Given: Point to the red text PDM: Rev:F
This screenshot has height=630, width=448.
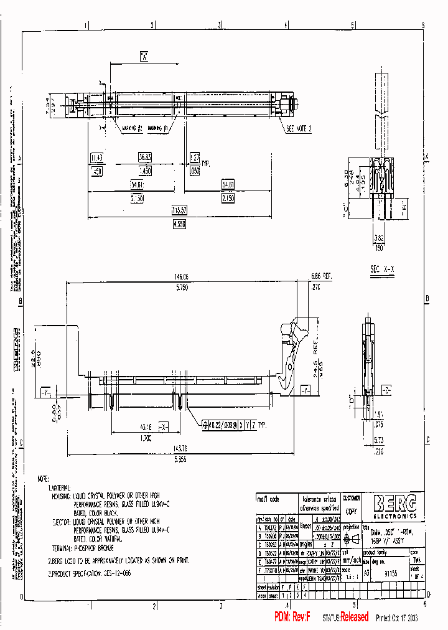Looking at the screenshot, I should point(292,616).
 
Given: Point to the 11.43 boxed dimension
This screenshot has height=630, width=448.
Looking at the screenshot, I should point(96,158).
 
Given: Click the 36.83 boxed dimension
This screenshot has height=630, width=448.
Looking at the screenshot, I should point(145,158).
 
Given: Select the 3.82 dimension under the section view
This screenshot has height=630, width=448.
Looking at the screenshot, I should point(380,238).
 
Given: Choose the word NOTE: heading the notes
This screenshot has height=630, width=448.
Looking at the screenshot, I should point(43,479).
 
